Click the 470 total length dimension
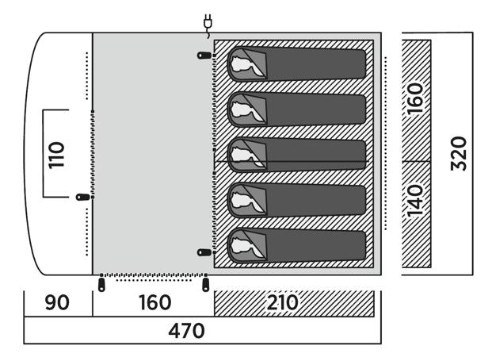(187, 330)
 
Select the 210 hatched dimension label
(283, 303)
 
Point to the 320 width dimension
(459, 154)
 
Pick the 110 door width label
(55, 154)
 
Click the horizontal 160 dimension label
(154, 303)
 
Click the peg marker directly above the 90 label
(101, 282)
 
